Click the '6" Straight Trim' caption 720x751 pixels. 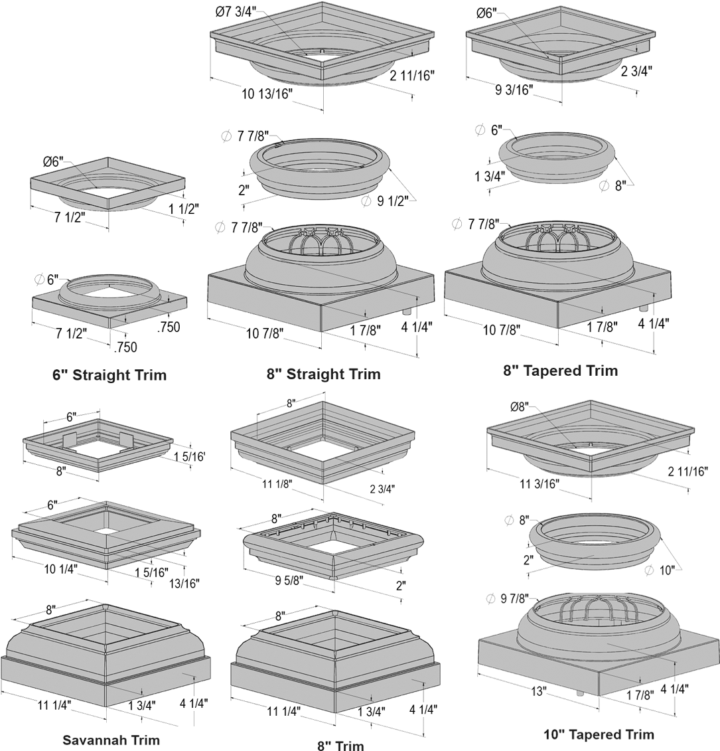click(x=109, y=375)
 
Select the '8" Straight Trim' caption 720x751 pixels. click(x=323, y=374)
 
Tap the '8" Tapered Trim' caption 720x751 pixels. click(x=561, y=371)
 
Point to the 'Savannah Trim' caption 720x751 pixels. click(x=111, y=740)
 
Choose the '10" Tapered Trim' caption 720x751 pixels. click(x=599, y=734)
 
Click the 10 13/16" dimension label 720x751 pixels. click(x=267, y=94)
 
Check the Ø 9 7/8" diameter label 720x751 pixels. click(x=507, y=598)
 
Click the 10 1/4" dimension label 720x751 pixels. click(x=62, y=569)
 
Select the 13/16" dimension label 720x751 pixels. click(x=184, y=582)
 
